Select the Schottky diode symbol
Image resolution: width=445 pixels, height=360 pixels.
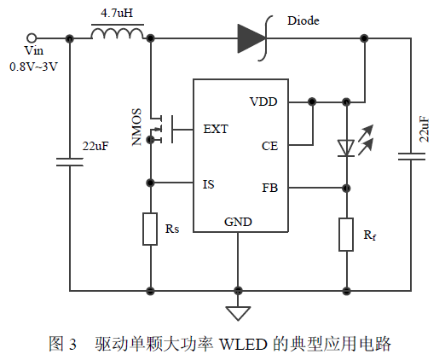tap(253, 38)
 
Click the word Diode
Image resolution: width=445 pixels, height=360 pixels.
tap(304, 20)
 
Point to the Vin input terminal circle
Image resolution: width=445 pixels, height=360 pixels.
tap(32, 38)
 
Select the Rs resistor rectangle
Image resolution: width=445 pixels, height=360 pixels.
tap(150, 229)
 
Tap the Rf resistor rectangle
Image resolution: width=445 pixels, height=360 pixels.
tap(346, 235)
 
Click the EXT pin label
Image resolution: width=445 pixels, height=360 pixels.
tap(216, 130)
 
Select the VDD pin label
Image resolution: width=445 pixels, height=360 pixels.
tap(263, 102)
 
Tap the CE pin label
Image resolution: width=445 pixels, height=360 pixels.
tap(269, 146)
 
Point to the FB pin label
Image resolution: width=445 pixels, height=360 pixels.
tap(269, 188)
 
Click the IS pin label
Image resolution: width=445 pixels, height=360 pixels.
tap(208, 183)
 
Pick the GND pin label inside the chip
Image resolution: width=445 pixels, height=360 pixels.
tap(238, 222)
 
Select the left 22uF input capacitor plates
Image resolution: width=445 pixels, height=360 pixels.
tap(66, 160)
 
